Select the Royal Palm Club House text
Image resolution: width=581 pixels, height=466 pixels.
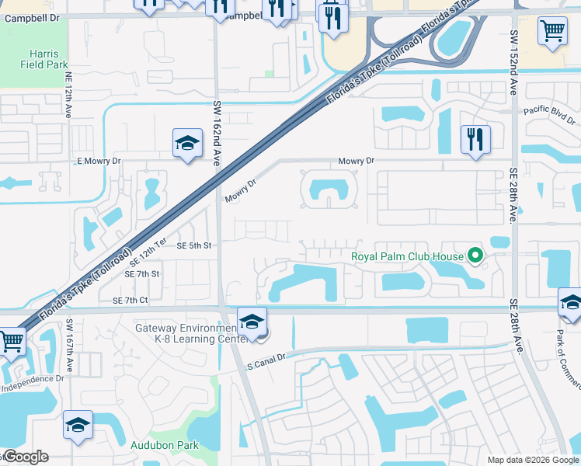[406, 256]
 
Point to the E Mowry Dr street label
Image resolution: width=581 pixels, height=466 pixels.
[99, 161]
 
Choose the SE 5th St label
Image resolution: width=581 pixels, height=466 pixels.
[193, 245]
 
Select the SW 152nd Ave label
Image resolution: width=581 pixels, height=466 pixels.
[513, 62]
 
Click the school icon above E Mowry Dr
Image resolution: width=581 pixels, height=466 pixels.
[187, 143]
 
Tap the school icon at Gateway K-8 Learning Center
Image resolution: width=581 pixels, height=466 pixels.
[252, 321]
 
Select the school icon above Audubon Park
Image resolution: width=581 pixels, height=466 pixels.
[78, 425]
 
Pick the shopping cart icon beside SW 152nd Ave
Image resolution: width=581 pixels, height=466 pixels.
[552, 30]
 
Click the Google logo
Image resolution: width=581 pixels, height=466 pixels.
[25, 457]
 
